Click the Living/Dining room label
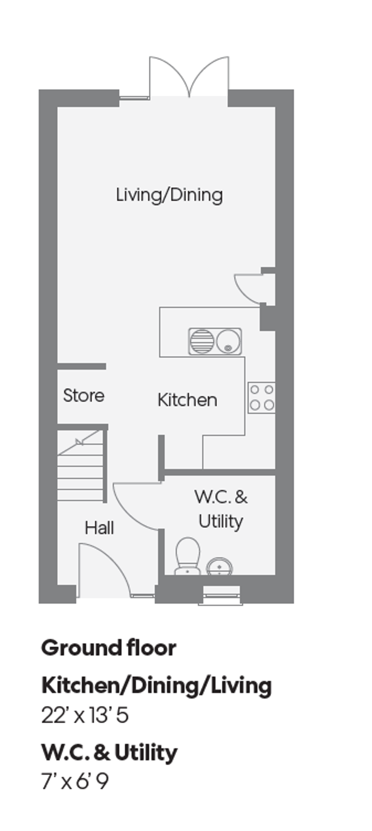click(x=169, y=195)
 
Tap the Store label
click(x=84, y=396)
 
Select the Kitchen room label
click(x=187, y=400)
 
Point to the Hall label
click(x=99, y=528)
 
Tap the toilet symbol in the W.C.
click(x=188, y=555)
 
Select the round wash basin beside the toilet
click(x=219, y=567)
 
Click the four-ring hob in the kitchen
click(x=261, y=397)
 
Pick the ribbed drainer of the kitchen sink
click(x=202, y=341)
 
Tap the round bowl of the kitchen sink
click(x=228, y=341)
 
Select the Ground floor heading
click(x=109, y=648)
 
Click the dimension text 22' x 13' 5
click(x=85, y=715)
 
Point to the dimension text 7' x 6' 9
click(x=75, y=782)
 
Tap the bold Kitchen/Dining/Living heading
click(x=157, y=686)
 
